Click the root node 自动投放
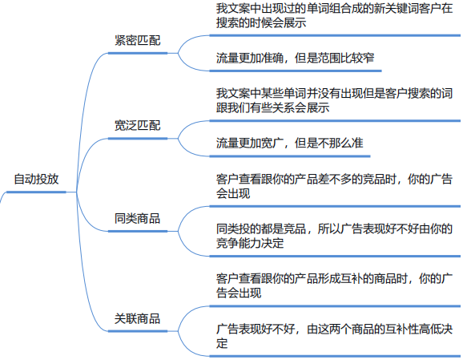tap(36, 179)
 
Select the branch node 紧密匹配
tap(137, 39)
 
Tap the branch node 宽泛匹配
tap(137, 126)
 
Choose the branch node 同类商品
tap(137, 219)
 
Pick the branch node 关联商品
tap(137, 318)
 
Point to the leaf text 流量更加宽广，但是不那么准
tap(289, 143)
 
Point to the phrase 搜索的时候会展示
tap(260, 23)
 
